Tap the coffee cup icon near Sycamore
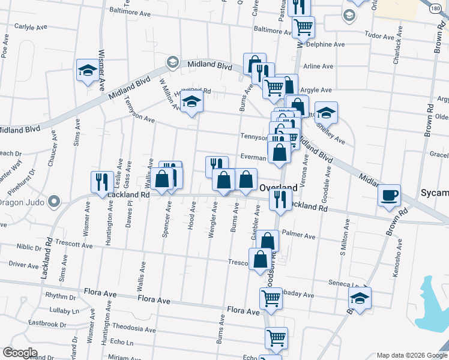click(390, 194)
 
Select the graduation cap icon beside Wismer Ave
click(87, 71)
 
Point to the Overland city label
click(278, 188)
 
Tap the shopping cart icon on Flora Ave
click(271, 297)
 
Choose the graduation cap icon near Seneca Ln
click(360, 298)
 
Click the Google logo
click(20, 353)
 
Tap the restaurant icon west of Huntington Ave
click(101, 182)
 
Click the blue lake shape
click(433, 306)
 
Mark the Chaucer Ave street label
click(54, 154)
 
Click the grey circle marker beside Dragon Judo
click(55, 202)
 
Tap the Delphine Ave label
click(325, 44)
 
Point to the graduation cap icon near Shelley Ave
click(326, 113)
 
